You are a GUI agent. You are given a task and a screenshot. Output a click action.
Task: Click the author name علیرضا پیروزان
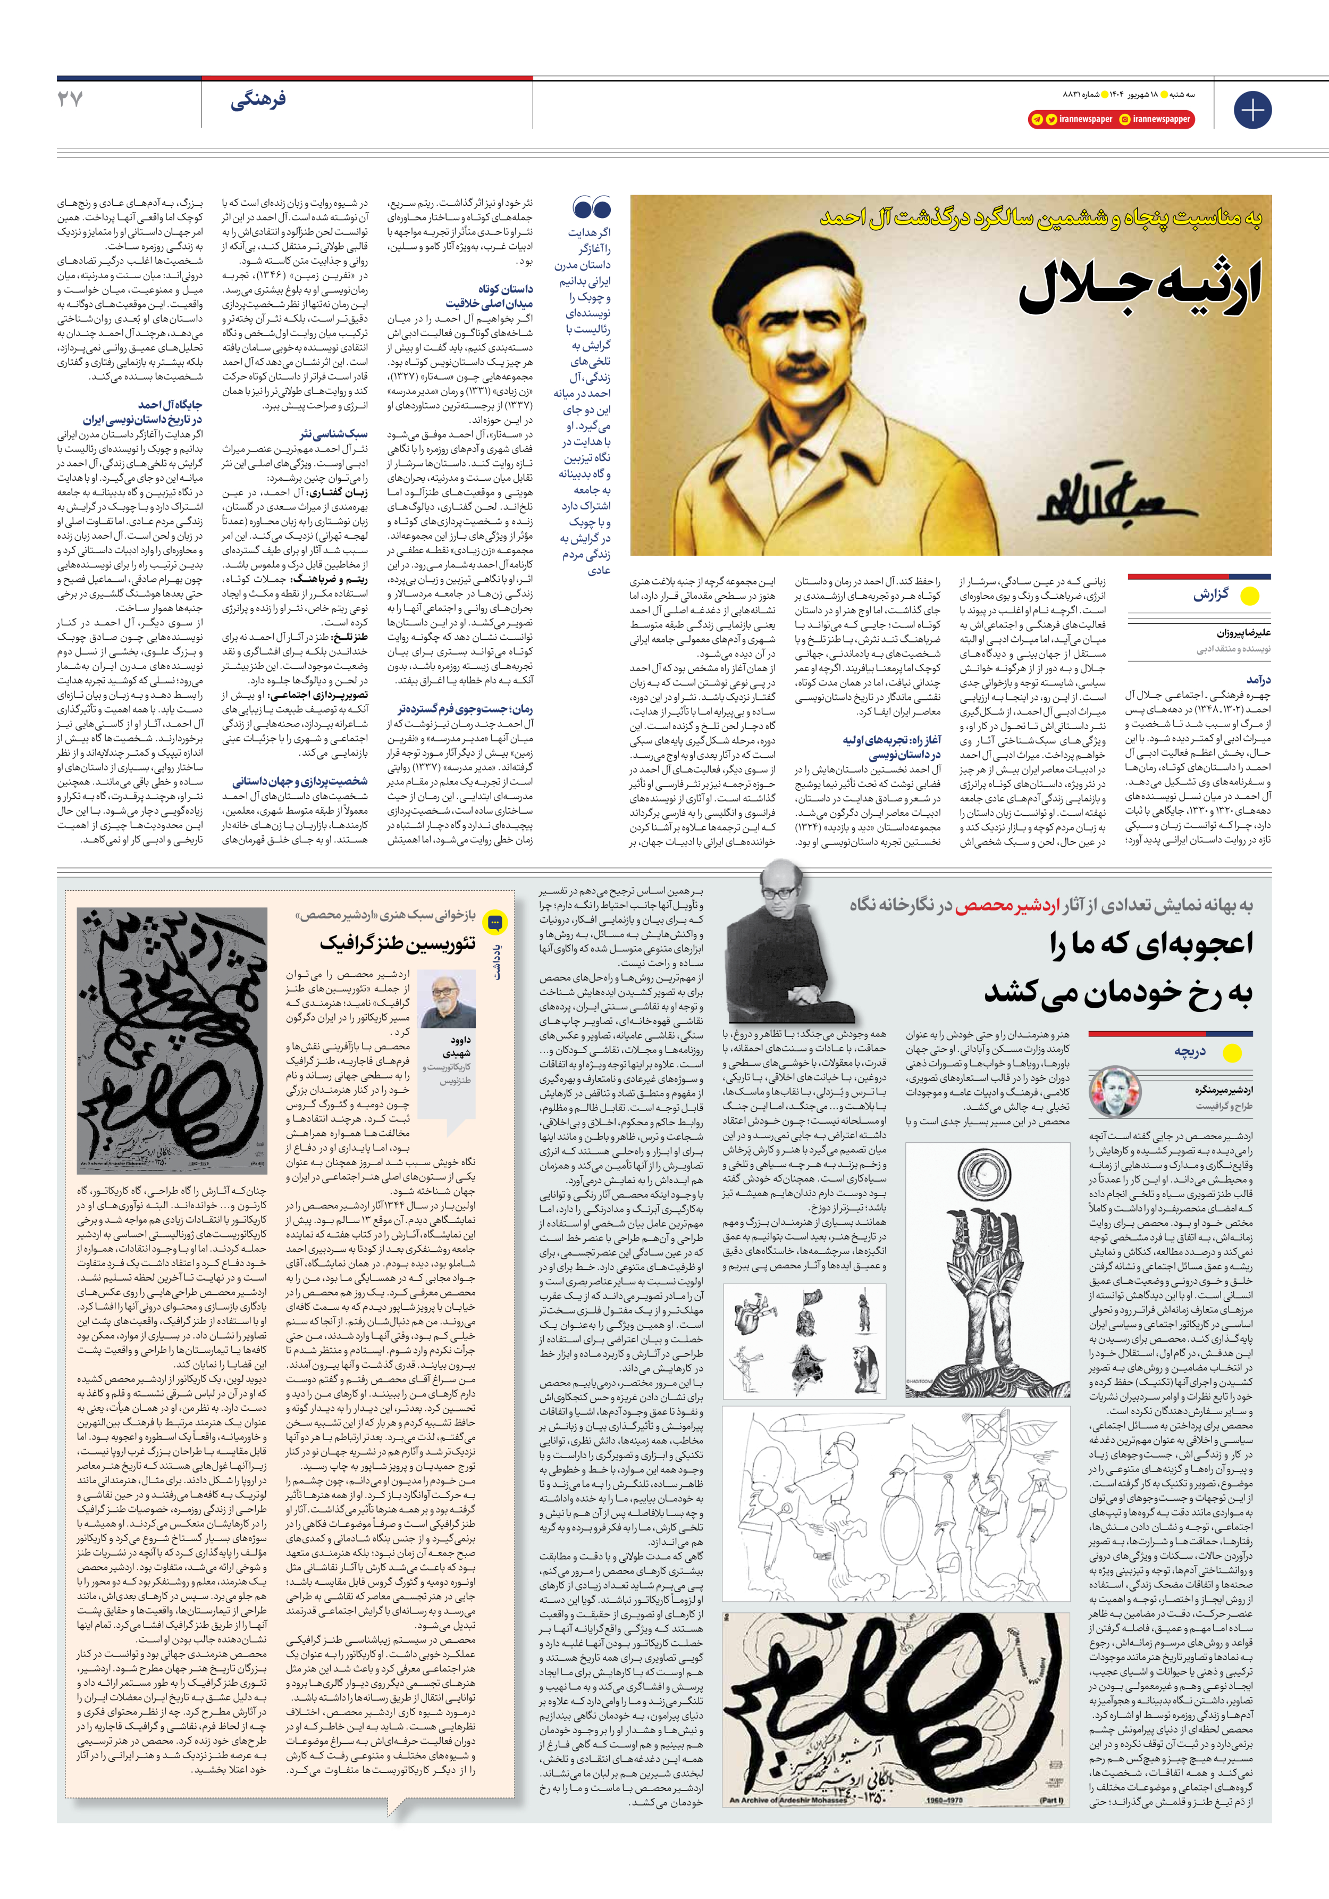point(1220,633)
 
